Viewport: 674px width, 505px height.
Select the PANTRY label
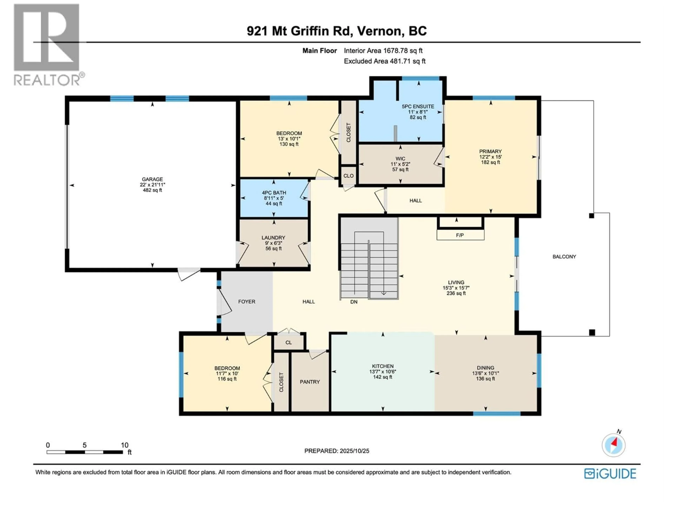(x=310, y=382)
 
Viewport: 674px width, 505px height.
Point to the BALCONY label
(x=564, y=257)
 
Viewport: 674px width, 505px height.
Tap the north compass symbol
(x=613, y=445)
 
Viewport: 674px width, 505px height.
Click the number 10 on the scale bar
(x=124, y=445)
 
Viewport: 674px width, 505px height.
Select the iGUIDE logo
(x=610, y=474)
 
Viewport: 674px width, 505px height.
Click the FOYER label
(x=246, y=302)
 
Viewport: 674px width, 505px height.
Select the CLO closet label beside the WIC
(x=348, y=176)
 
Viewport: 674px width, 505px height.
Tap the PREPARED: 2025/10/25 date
(x=337, y=451)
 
